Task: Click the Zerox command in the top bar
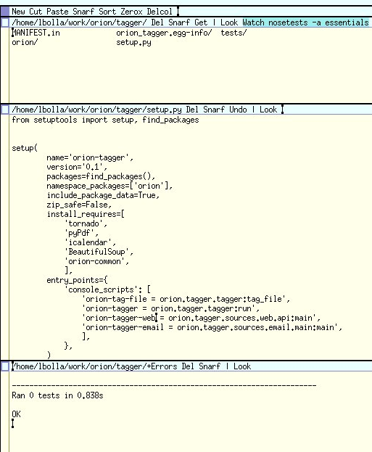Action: pos(131,12)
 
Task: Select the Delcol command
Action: pos(160,12)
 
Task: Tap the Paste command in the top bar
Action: pos(57,12)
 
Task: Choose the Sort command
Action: pos(107,12)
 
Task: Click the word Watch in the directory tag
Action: pos(253,22)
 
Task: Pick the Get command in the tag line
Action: pos(201,22)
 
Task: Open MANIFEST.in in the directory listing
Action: pos(36,33)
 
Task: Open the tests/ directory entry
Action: pos(233,33)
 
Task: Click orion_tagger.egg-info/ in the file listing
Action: pos(164,33)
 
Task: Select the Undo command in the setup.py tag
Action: pos(238,110)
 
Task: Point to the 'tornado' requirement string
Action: pos(86,223)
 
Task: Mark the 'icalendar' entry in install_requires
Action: pos(90,242)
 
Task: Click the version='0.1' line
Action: pos(77,167)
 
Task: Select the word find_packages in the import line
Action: pos(170,120)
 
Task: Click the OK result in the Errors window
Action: pos(16,414)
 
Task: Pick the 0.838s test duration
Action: pos(90,395)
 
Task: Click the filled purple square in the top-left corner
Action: pos(5,12)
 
